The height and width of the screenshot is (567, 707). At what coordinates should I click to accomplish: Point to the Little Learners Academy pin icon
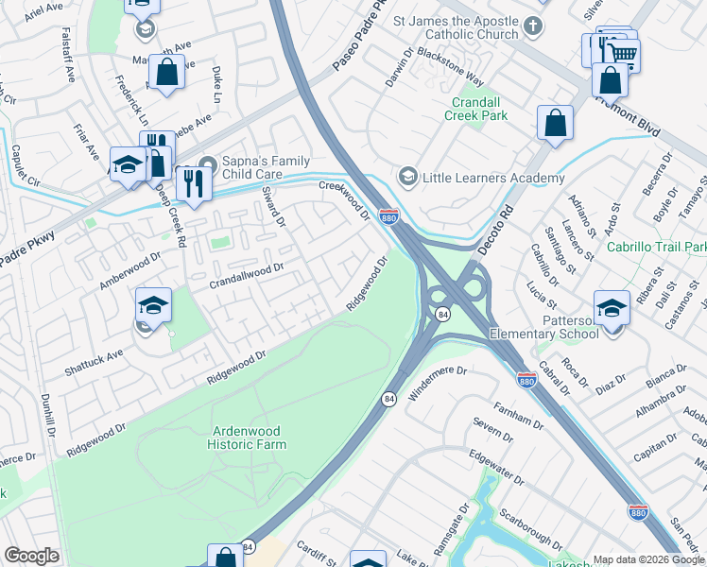(x=407, y=177)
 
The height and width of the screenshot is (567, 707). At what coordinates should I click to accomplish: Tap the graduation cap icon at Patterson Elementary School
(x=612, y=307)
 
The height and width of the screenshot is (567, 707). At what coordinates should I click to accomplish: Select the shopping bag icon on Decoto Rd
(x=555, y=122)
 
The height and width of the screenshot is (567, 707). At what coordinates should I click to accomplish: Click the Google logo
(x=31, y=556)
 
